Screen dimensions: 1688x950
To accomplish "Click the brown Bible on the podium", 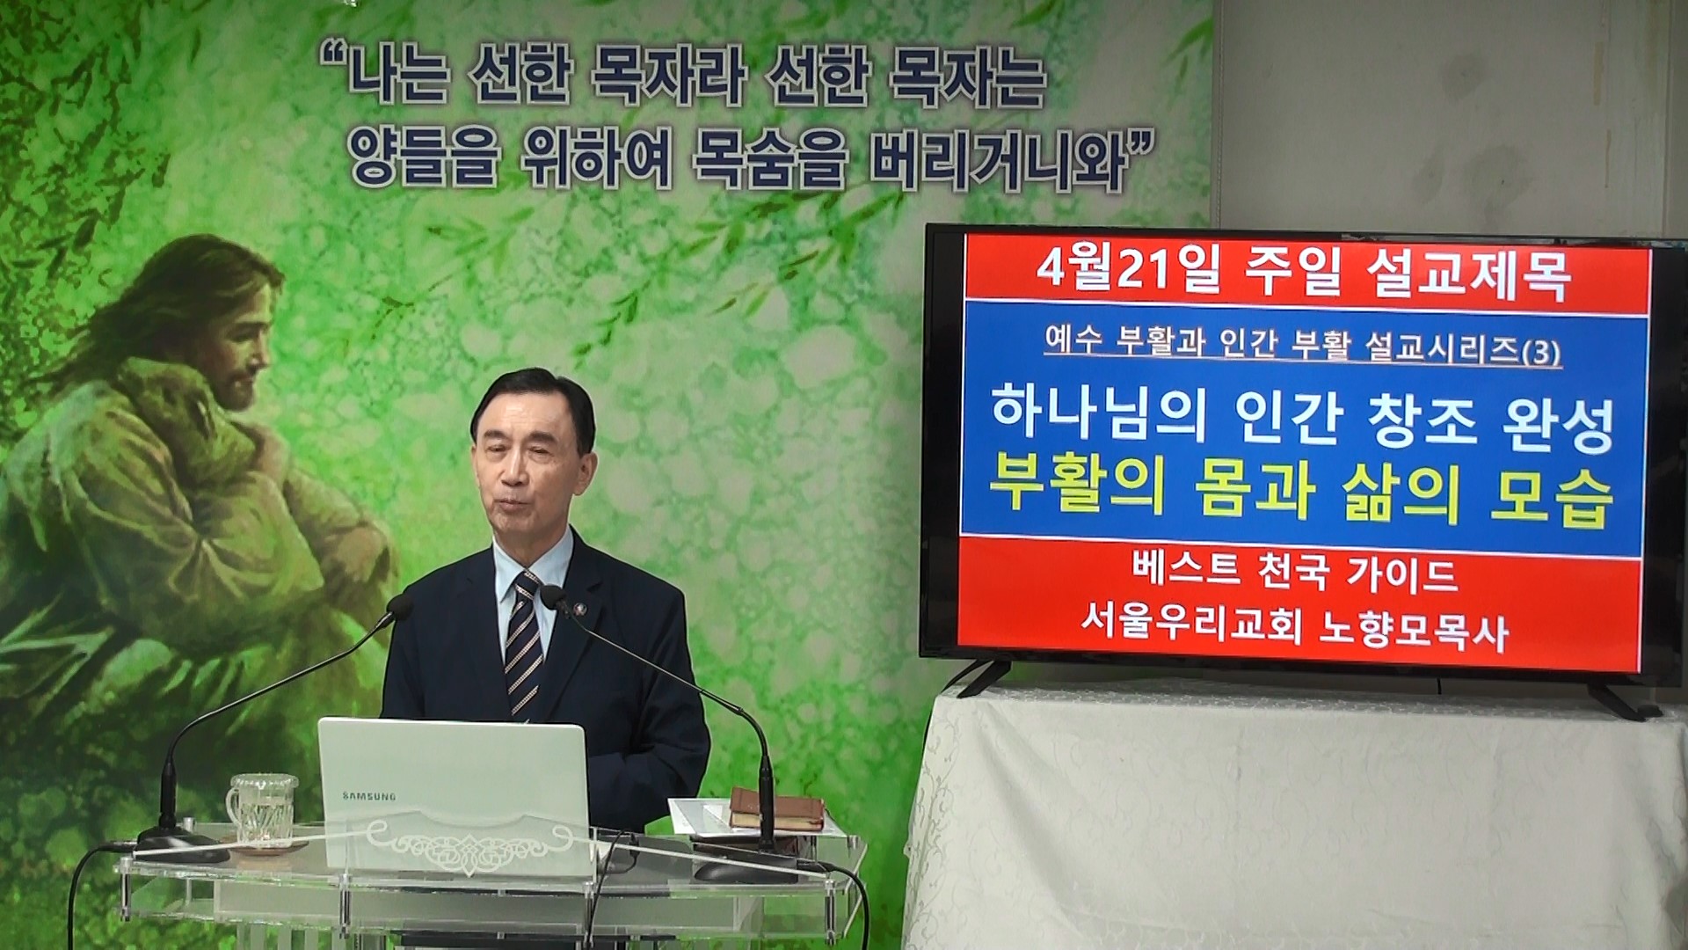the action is point(775,808).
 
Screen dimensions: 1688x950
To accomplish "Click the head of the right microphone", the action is point(553,598).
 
